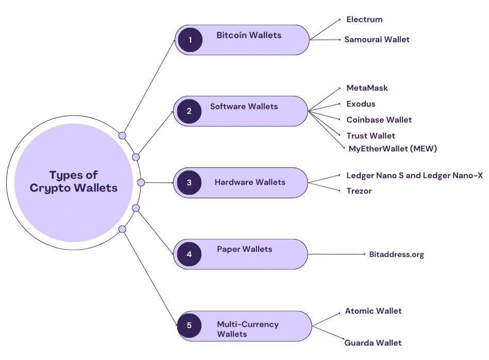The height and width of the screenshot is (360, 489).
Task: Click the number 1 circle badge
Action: pos(190,40)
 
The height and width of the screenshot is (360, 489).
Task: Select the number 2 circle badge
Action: pos(189,111)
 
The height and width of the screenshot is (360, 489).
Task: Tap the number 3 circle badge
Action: pos(189,182)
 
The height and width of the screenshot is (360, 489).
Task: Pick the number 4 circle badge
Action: pos(189,254)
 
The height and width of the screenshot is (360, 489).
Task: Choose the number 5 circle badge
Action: pos(189,325)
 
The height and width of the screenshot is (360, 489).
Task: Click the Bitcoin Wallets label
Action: pos(249,35)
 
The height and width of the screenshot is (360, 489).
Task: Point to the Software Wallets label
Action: pos(244,107)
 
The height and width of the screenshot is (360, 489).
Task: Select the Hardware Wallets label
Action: pos(250,182)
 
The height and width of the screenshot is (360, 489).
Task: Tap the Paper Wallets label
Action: pos(244,249)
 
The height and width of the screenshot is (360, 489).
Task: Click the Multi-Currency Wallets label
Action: pos(248,329)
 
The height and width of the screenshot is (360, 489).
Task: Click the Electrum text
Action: pos(364,20)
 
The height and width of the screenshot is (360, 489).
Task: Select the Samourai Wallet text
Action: pos(377,39)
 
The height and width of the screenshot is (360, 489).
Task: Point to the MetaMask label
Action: pos(367,88)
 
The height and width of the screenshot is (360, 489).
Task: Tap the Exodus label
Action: pos(361,104)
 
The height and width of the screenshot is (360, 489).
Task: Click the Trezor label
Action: pos(359,191)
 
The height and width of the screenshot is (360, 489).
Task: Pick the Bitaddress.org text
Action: pos(397,254)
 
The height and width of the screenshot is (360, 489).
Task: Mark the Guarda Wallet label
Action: pos(373,342)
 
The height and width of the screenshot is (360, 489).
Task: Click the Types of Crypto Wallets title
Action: pos(74,181)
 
